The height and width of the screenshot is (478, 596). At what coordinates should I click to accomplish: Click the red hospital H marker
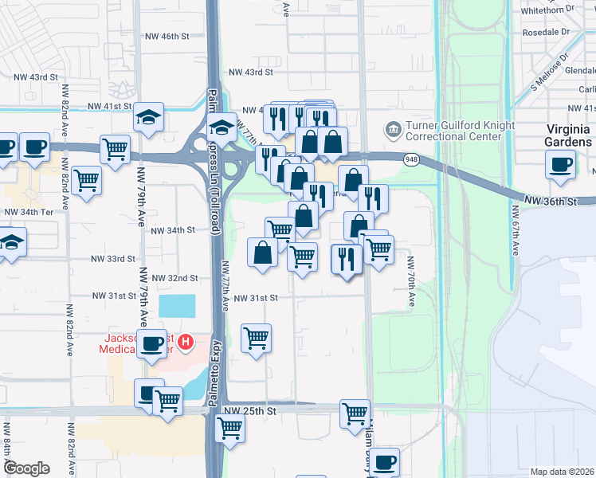(x=186, y=343)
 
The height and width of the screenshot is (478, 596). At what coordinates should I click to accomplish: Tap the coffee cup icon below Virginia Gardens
(x=559, y=164)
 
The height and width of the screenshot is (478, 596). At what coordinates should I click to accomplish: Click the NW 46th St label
(x=167, y=37)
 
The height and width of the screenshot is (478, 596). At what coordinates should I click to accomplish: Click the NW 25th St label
(x=249, y=411)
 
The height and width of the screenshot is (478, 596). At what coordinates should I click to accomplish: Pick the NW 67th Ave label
(x=516, y=231)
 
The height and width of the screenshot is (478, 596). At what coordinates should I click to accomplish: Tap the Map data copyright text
(x=562, y=472)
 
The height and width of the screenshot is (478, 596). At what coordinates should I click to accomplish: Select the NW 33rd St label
(x=114, y=259)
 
